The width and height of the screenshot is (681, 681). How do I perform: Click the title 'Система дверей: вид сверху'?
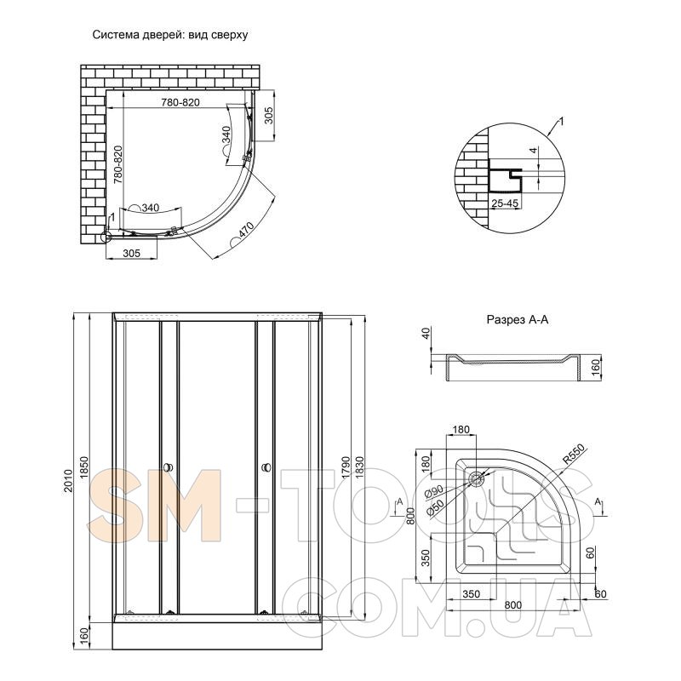pos(169,35)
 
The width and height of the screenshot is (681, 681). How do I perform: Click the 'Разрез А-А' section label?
pos(518,320)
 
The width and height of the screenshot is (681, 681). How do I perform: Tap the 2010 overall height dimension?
pos(67,480)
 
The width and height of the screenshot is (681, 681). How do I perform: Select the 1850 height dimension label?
pos(84,467)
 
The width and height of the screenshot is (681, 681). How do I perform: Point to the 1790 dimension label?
pos(346,467)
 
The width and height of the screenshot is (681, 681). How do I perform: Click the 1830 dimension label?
pos(359,467)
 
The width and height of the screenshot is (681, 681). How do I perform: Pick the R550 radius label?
pos(574,455)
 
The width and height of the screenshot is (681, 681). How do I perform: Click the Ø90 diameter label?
pos(434,492)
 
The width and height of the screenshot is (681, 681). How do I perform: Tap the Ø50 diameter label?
pos(435,507)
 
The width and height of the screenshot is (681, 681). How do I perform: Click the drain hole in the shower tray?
pos(477,479)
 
